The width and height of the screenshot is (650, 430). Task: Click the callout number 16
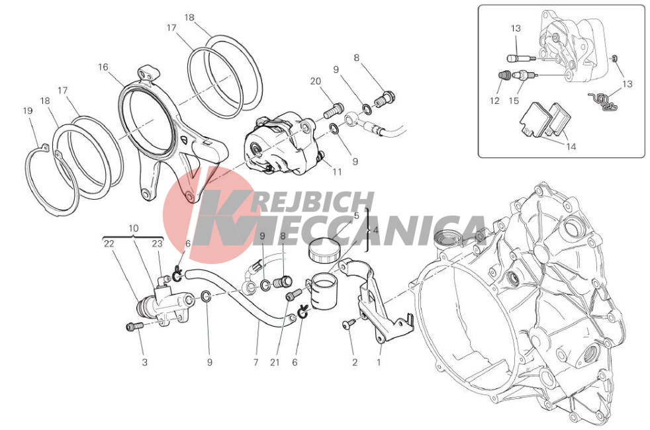103,67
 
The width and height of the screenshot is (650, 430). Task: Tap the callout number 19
27,111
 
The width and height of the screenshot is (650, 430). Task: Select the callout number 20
316,81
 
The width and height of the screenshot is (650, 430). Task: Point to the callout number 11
337,171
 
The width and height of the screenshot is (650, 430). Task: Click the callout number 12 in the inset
494,101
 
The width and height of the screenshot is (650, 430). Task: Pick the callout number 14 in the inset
571,147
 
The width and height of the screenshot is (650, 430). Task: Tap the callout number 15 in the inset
514,101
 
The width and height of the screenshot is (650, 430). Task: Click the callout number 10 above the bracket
133,228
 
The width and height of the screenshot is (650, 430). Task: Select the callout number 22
109,243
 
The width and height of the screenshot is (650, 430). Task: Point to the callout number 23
157,243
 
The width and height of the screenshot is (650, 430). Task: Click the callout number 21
275,363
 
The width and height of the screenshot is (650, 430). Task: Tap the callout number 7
255,363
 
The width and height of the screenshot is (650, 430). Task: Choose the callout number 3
144,363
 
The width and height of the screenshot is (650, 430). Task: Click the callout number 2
354,363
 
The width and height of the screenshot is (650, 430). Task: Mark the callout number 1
378,363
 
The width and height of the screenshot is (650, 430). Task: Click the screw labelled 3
134,326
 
